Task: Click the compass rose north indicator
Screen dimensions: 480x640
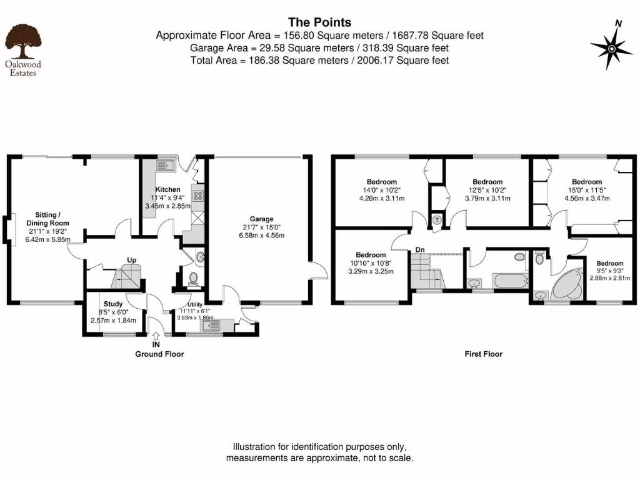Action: [611, 47]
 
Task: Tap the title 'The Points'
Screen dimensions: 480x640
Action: [319, 23]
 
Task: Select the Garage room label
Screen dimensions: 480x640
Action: [262, 219]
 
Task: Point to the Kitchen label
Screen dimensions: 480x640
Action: [167, 189]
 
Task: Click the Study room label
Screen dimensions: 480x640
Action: [113, 305]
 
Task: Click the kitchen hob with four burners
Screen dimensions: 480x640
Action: [198, 196]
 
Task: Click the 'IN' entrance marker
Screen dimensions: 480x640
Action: [156, 344]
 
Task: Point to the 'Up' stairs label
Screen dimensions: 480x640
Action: [132, 259]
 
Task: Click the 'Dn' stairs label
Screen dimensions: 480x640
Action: [421, 250]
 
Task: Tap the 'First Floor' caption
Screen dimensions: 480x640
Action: [483, 354]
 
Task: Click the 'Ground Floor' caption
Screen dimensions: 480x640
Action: [160, 354]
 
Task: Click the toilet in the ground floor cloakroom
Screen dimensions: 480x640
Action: [192, 277]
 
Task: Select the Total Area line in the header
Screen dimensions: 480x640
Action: [319, 60]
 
